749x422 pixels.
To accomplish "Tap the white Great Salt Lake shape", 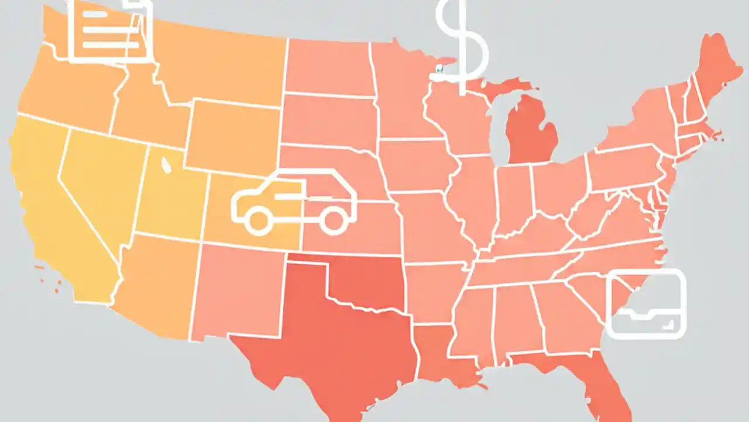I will pyautogui.click(x=166, y=167).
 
